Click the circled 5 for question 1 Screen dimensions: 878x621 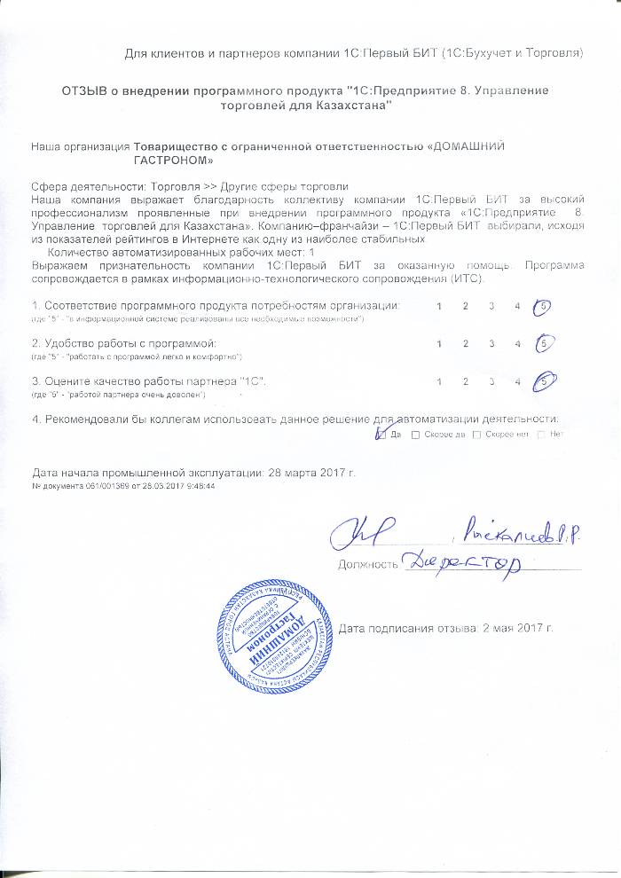tap(543, 306)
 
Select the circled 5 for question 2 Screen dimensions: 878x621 tap(543, 343)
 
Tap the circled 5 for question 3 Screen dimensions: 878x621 tap(543, 380)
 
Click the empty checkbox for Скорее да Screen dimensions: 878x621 tap(416, 435)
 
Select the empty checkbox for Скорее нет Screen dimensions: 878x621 tap(477, 435)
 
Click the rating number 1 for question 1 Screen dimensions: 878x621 tap(440, 306)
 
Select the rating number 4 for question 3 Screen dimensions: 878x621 tap(516, 380)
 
